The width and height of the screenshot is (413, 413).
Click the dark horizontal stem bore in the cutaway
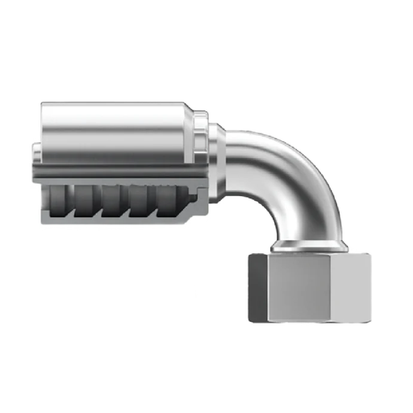113,170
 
